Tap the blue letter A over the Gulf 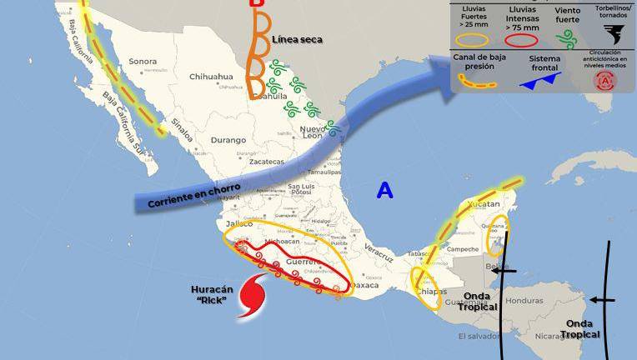pyautogui.click(x=384, y=190)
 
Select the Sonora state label pyautogui.click(x=143, y=62)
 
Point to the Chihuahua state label pyautogui.click(x=211, y=77)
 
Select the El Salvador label pyautogui.click(x=479, y=337)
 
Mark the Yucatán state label pyautogui.click(x=484, y=204)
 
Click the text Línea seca pyautogui.click(x=297, y=39)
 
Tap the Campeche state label pyautogui.click(x=462, y=249)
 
